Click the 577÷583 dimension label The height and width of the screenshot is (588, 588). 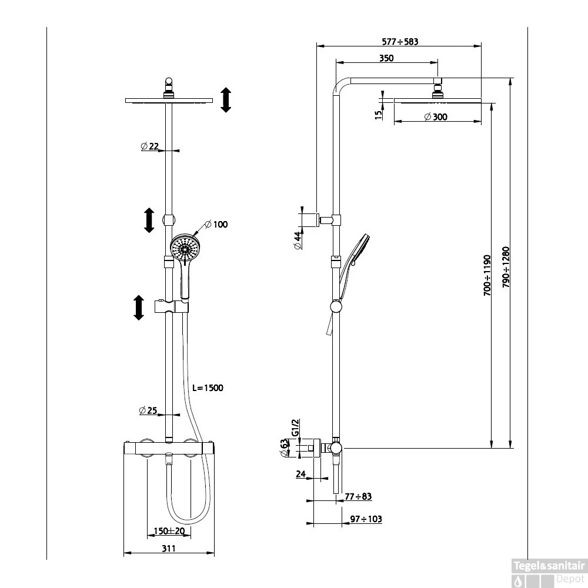(x=400, y=42)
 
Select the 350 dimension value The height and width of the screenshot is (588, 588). (x=386, y=58)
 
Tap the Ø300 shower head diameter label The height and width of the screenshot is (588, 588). (x=436, y=117)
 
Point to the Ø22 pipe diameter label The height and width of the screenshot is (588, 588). (x=150, y=146)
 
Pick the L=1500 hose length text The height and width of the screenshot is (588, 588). (x=208, y=387)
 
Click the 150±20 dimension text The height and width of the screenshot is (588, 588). (x=169, y=531)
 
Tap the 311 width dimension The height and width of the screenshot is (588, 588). (x=169, y=548)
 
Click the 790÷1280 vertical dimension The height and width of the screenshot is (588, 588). (x=505, y=266)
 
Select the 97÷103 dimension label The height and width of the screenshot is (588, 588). (x=366, y=519)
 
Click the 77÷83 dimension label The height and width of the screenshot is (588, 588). (x=358, y=496)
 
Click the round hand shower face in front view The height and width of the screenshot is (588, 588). (x=186, y=249)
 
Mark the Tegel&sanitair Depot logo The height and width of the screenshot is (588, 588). (x=549, y=572)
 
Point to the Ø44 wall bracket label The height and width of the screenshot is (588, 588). (x=298, y=240)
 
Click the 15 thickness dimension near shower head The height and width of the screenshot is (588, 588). (x=377, y=113)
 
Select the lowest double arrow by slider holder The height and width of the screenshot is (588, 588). (x=139, y=308)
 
